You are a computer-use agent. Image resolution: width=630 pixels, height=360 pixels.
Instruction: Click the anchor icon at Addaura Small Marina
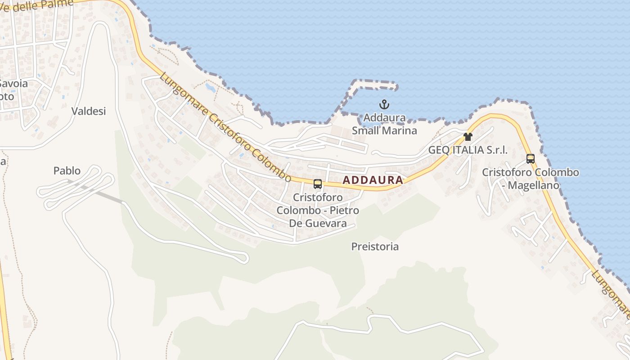(x=384, y=105)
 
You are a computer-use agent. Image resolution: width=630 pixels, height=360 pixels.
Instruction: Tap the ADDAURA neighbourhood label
(x=373, y=180)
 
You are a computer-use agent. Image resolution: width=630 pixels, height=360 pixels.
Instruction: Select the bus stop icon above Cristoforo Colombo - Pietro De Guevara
(x=318, y=184)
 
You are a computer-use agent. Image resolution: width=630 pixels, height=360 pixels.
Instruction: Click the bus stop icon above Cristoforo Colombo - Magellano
(x=531, y=158)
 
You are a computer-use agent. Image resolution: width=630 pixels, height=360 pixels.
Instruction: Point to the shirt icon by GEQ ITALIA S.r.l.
(x=468, y=136)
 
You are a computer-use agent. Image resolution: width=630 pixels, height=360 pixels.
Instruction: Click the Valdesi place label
(x=89, y=111)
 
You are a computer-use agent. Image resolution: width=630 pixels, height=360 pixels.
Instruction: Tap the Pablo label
(x=67, y=171)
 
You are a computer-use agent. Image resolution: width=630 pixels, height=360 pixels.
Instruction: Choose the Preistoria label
(x=375, y=247)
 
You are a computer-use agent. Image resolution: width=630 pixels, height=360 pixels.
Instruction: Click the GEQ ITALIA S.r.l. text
(x=468, y=150)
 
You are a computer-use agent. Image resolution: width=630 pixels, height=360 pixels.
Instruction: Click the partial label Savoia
(x=13, y=83)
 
